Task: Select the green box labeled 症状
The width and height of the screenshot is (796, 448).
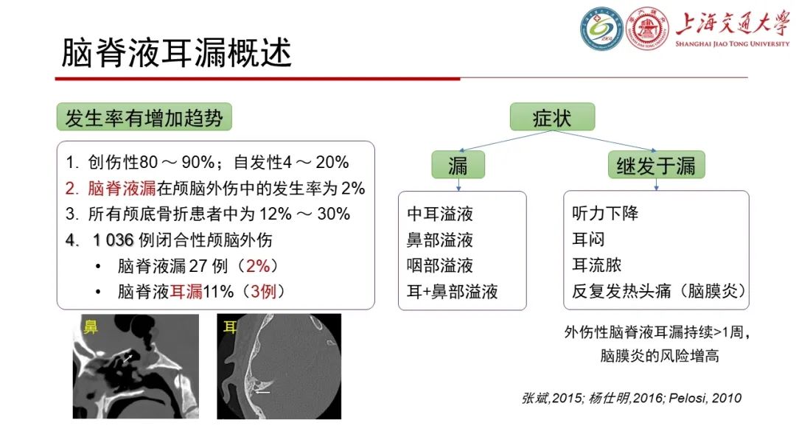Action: pos(552,118)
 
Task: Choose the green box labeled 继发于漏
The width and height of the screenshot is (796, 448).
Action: pos(656,165)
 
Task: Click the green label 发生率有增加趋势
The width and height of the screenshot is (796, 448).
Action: pos(144,118)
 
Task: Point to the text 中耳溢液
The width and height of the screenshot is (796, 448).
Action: pos(440,214)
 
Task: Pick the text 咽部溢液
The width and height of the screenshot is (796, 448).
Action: pos(440,265)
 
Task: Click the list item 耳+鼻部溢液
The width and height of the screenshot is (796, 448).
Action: pos(453,291)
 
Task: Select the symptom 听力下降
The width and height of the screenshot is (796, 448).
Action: pos(605,214)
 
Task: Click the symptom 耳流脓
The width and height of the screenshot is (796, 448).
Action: pos(596,265)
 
